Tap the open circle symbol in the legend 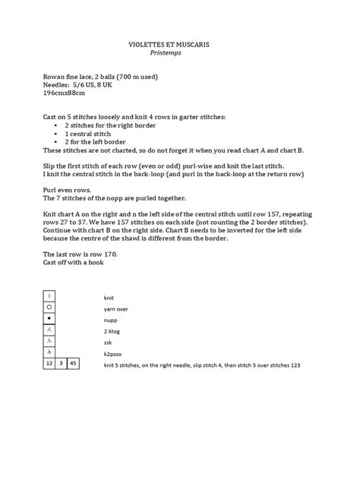50,307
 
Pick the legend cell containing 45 73,364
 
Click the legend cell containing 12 49,364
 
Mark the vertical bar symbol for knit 50,295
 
